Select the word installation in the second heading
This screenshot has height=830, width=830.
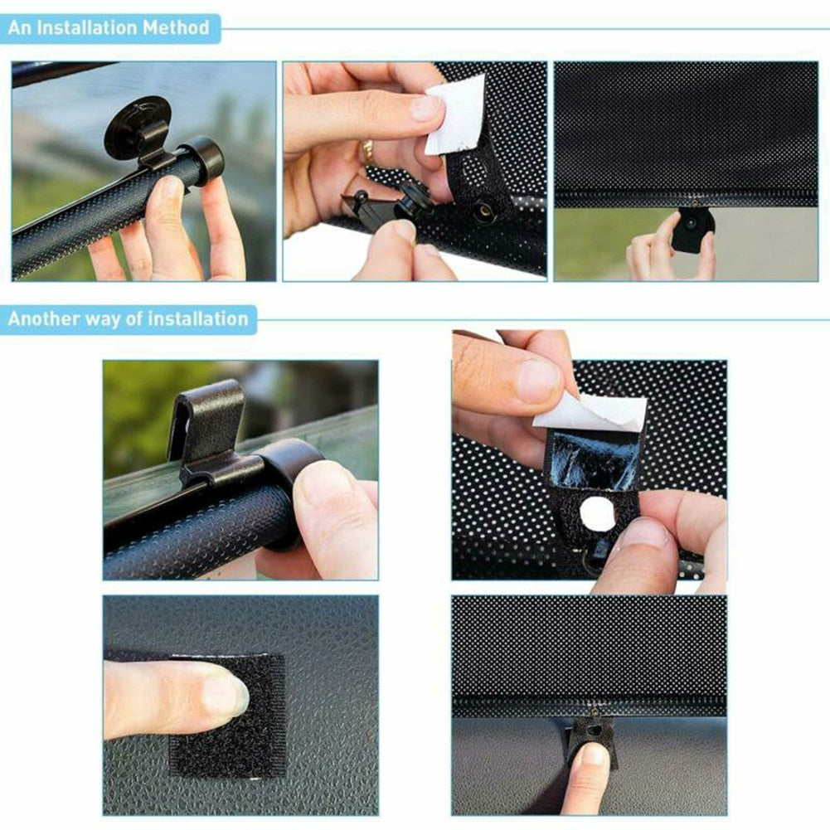point(197,319)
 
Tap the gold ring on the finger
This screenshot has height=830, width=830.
point(366,152)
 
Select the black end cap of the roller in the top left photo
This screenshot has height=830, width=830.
point(203,158)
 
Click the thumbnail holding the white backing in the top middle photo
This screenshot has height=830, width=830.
point(426,108)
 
